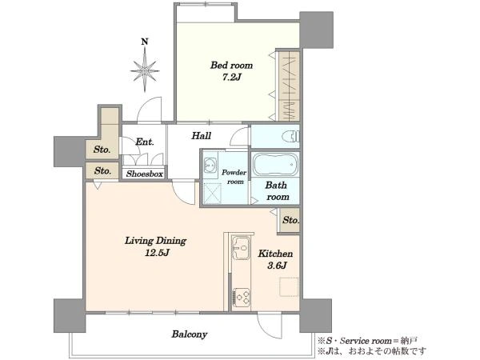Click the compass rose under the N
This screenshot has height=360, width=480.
(x=145, y=71)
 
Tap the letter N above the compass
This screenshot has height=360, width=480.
(x=145, y=42)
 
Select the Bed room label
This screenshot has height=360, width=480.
(x=231, y=66)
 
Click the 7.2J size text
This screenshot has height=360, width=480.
(x=232, y=77)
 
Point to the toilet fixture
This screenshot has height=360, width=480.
(x=290, y=136)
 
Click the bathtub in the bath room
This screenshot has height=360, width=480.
(x=275, y=165)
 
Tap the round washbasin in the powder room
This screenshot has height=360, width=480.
(x=210, y=162)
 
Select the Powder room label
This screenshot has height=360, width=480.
(x=234, y=177)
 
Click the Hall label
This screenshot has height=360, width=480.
(x=201, y=136)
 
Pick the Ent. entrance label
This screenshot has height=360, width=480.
(x=145, y=142)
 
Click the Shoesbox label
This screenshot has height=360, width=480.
(x=145, y=174)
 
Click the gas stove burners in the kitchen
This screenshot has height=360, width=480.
(x=242, y=297)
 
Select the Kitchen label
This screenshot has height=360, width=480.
(x=275, y=254)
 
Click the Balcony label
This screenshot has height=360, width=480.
(x=189, y=334)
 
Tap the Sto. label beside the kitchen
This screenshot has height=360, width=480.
(x=290, y=220)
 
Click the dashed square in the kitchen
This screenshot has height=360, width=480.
(x=289, y=287)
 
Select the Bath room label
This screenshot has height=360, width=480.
(x=277, y=191)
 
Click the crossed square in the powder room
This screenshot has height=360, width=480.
(x=212, y=193)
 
